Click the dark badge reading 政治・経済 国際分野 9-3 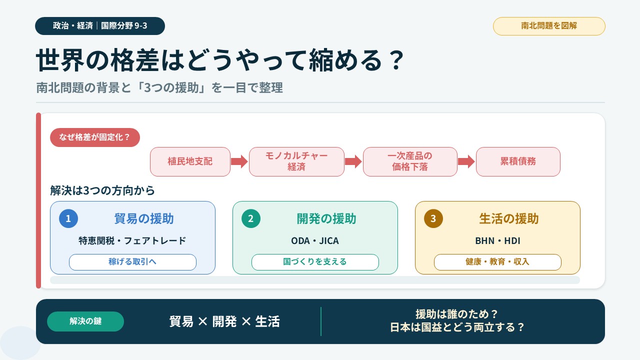pos(100,26)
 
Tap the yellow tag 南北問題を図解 pos(549,26)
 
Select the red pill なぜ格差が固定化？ pos(95,137)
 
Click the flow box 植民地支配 pos(190,161)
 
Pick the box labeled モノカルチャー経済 pos(296,161)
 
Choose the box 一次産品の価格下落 pos(410,161)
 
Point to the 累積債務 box pos(518,161)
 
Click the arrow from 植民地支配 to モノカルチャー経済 pos(239,161)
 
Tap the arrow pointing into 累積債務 pos(466,161)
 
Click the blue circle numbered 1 pos(68,218)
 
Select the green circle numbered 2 pos(251,218)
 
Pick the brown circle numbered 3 pos(433,218)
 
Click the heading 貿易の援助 pos(144,219)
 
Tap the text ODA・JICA pos(315,241)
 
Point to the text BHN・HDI pos(497,241)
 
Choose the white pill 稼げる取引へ pos(132,262)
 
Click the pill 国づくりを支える pos(315,262)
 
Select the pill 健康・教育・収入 pos(497,262)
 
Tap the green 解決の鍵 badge pos(85,321)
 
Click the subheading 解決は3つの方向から pos(102,190)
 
